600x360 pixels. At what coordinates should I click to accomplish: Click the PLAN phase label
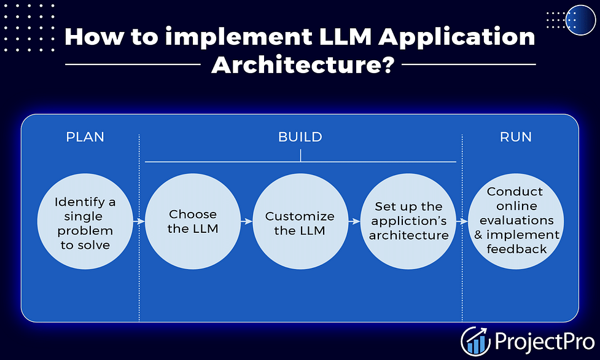point(85,137)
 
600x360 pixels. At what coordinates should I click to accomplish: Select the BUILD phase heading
point(300,137)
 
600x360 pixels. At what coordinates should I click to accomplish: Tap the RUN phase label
point(515,137)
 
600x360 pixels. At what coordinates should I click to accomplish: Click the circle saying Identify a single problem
point(85,221)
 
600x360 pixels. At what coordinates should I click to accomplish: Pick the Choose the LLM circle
point(193,221)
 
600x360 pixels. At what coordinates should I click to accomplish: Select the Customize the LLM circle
point(300,221)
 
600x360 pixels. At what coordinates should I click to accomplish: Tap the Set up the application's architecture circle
point(408,221)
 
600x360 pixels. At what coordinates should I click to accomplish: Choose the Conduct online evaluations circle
point(516,221)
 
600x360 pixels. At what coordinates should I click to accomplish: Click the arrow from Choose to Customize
point(247,221)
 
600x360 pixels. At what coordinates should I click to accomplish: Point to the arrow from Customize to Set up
point(354,221)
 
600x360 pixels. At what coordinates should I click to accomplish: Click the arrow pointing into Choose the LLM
point(139,221)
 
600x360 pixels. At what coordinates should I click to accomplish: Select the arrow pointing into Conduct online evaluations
point(462,221)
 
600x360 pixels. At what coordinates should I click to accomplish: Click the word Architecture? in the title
point(303,65)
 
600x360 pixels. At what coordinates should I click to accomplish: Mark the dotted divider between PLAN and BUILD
point(139,227)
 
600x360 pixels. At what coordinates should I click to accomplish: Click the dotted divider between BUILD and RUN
point(462,227)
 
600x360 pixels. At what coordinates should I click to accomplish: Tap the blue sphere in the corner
point(580,20)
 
